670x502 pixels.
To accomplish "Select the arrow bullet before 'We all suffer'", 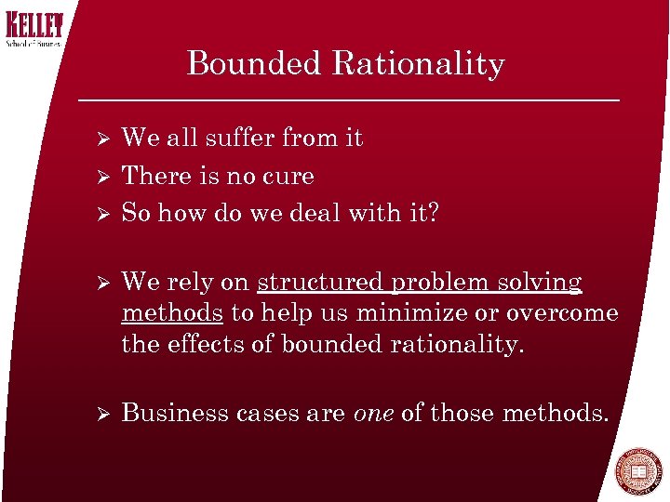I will tap(105, 139).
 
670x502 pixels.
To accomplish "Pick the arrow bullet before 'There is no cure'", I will tap(105, 177).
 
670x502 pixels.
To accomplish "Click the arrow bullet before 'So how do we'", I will tap(105, 214).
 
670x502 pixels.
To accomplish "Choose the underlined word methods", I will tap(171, 313).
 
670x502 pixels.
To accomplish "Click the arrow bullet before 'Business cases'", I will tap(105, 413).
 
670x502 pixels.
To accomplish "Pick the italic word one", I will tap(373, 412).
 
